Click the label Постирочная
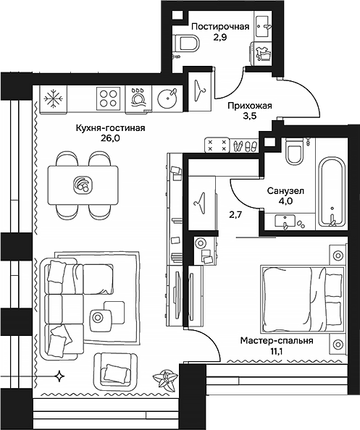221,27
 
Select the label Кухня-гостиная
110,129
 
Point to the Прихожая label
249,106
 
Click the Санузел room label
280,190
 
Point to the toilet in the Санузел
294,153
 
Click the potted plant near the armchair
167,379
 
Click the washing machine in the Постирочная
261,55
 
